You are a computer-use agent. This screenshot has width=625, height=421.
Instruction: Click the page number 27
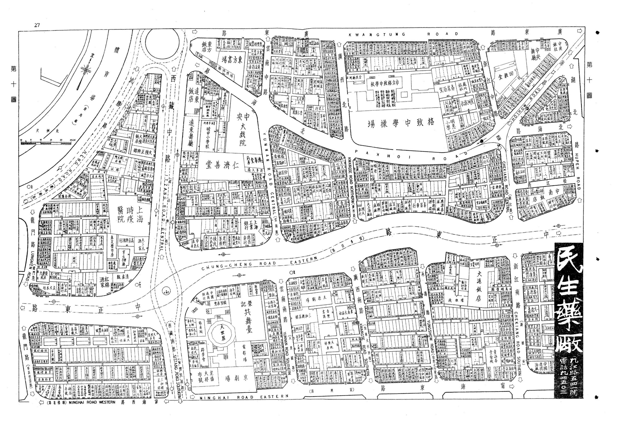[37, 25]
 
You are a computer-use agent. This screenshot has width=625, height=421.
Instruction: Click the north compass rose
[85, 70]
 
